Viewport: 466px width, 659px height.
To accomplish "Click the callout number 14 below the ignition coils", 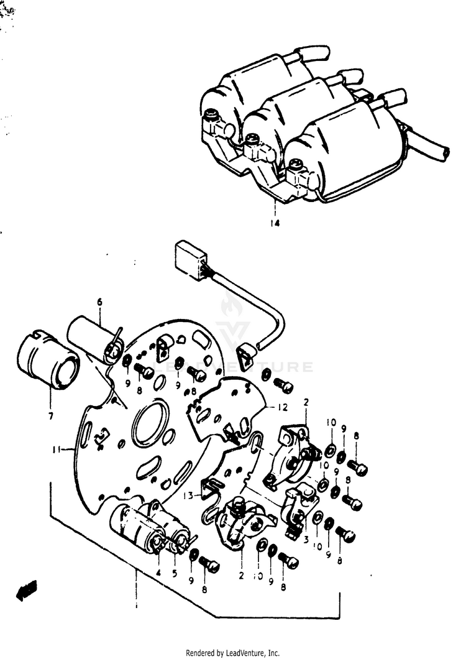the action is click(275, 224).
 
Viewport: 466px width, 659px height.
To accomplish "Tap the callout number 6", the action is click(98, 303).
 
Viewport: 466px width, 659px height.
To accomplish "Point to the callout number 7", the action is click(50, 415).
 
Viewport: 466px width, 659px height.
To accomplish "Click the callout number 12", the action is click(283, 407).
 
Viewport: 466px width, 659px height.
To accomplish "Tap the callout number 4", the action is click(158, 573).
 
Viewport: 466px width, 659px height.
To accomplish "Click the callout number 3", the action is click(306, 540).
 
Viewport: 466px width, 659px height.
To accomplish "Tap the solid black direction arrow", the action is click(27, 589).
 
